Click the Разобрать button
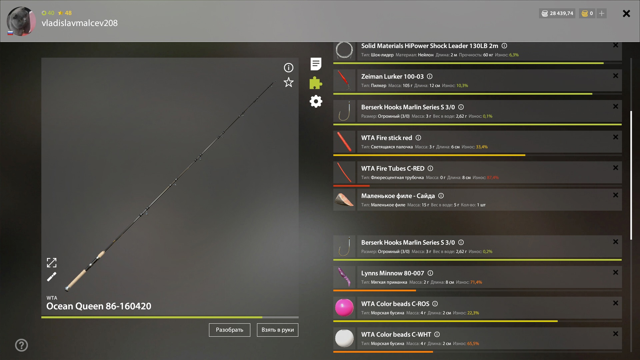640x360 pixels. (230, 330)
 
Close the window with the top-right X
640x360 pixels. (626, 13)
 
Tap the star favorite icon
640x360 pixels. (289, 82)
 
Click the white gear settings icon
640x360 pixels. (316, 101)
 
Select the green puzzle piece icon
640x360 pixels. (316, 83)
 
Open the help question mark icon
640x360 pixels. (22, 345)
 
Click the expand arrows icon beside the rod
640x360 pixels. (52, 263)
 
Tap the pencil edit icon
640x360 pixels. (52, 277)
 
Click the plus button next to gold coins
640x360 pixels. (602, 13)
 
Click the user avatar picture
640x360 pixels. (21, 21)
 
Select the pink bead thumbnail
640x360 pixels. (344, 307)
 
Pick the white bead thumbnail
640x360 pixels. (344, 338)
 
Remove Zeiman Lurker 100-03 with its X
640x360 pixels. (616, 76)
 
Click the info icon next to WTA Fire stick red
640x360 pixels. (418, 138)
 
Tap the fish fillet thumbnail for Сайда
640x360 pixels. (344, 200)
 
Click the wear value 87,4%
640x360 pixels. (493, 178)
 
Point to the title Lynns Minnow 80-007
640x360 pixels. (393, 273)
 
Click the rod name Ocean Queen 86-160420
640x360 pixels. (99, 306)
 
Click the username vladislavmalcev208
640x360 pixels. (80, 23)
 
